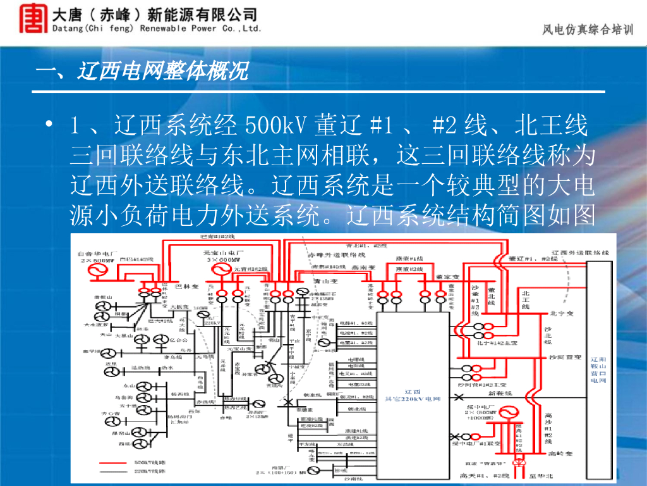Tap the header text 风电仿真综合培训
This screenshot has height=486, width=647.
pos(587,30)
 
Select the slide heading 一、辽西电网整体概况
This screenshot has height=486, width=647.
pos(142,72)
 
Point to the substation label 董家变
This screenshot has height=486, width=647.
pos(447,277)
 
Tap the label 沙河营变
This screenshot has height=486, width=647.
pos(565,358)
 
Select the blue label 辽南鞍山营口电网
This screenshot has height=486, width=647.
pos(597,369)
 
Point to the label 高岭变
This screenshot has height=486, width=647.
pos(560,454)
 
